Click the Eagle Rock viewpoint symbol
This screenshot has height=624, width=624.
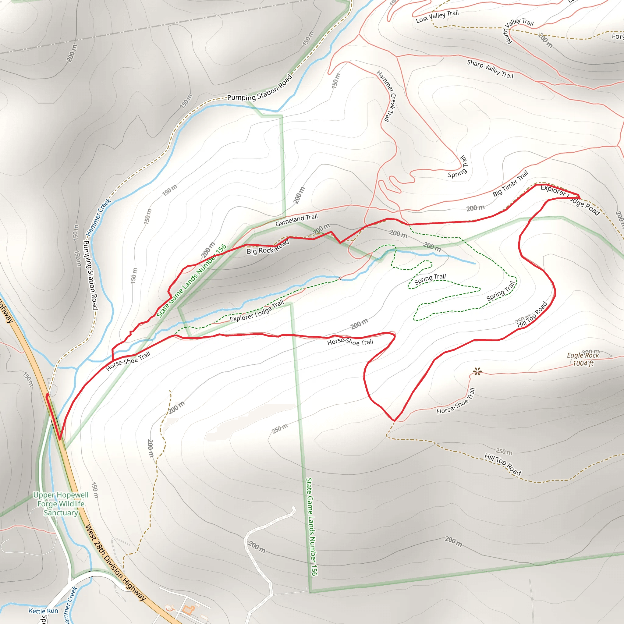(477, 371)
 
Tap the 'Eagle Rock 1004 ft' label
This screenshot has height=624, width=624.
(583, 359)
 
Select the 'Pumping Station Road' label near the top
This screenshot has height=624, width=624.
(260, 88)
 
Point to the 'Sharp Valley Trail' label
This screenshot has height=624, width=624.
(490, 69)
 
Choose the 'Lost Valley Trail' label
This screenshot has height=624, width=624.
(437, 16)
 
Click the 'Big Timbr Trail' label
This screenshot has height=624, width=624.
(510, 183)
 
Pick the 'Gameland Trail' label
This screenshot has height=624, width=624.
(296, 220)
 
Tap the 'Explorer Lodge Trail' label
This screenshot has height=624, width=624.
(257, 311)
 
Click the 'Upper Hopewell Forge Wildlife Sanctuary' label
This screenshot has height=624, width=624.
(61, 504)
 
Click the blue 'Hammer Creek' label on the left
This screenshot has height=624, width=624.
(98, 217)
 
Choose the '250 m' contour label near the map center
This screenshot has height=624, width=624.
(280, 429)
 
